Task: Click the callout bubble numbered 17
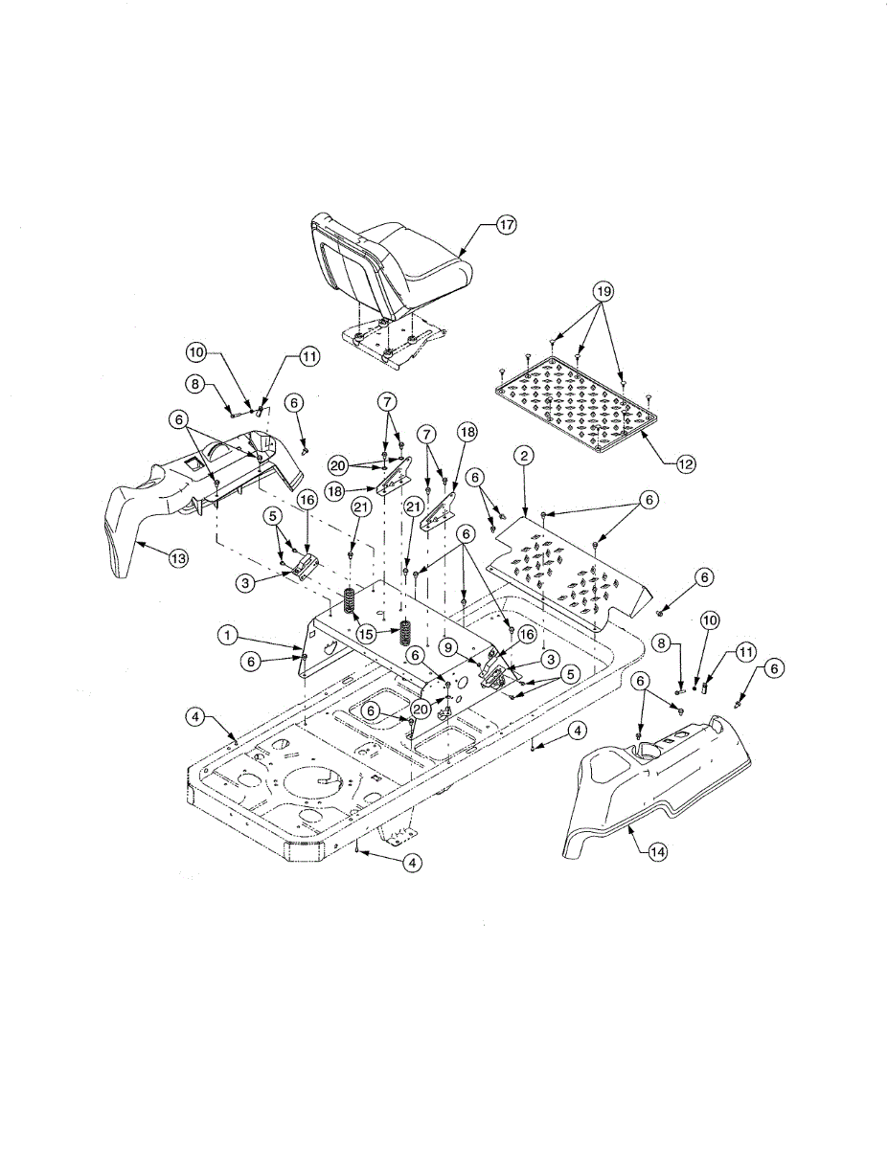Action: pos(505,225)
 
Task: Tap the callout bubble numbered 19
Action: pos(602,290)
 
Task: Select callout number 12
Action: pos(685,464)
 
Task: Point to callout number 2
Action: pos(523,456)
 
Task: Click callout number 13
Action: pos(178,558)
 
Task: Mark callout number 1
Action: pos(227,634)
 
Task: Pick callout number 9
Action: pos(448,646)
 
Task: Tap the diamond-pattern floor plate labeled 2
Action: pos(565,565)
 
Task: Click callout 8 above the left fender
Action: pos(195,384)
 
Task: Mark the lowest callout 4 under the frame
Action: pos(411,863)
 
